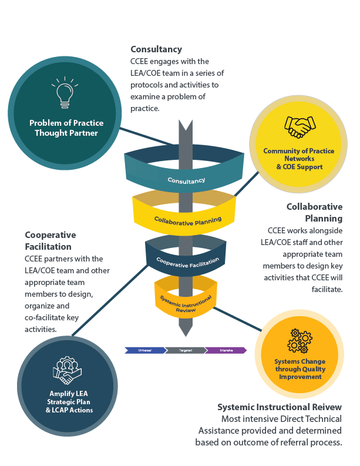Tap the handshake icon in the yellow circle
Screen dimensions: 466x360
[x=298, y=126]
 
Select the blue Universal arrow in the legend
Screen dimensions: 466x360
[x=144, y=350]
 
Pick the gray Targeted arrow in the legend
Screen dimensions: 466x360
[x=186, y=350]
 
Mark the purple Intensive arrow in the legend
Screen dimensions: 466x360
[x=227, y=350]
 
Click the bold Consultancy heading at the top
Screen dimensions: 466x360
[x=156, y=49]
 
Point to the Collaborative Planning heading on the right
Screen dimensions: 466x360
[x=314, y=212]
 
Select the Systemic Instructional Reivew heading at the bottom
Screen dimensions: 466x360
[x=280, y=407]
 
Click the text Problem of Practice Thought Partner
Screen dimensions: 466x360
[x=66, y=128]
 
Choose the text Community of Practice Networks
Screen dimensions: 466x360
[x=298, y=155]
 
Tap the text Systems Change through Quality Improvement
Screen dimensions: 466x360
[x=300, y=369]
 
